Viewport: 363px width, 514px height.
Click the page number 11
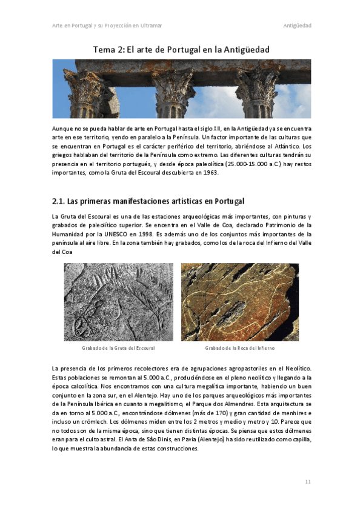(x=307, y=481)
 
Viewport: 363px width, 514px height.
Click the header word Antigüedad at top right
(x=297, y=25)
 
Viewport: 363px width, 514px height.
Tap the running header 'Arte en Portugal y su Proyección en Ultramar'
(x=107, y=25)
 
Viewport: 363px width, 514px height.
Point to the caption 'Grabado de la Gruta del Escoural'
(x=118, y=348)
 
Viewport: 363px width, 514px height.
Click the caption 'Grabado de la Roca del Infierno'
(x=240, y=348)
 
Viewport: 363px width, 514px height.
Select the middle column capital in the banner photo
(x=173, y=87)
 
